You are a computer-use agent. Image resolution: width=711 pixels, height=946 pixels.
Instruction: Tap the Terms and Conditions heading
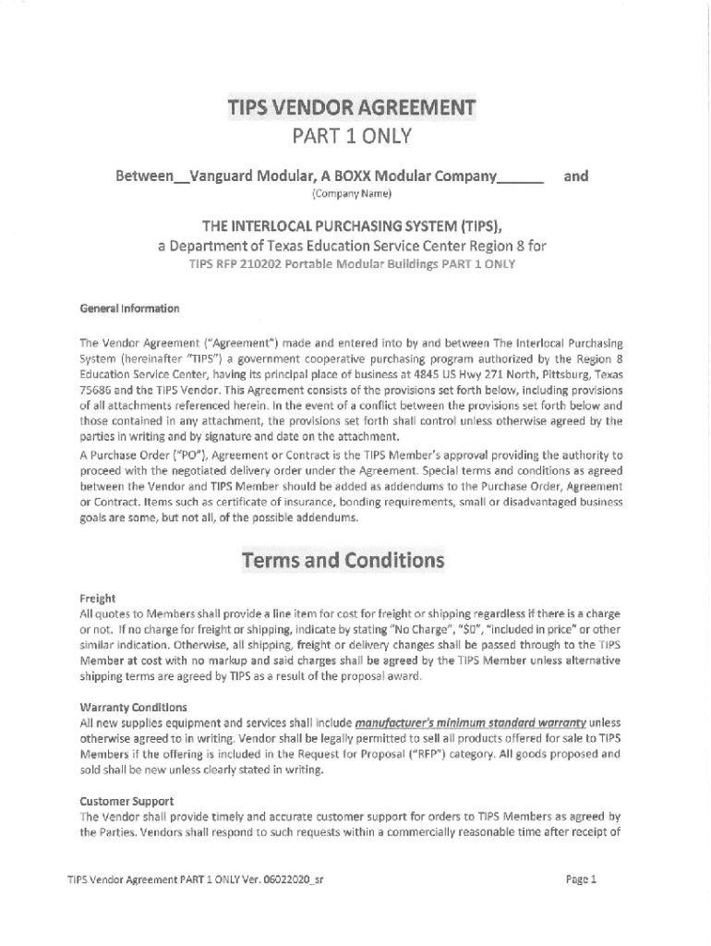[343, 561]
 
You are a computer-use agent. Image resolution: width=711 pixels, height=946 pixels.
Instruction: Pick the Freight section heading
[98, 599]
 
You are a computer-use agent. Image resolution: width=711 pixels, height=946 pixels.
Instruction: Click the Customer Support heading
[127, 801]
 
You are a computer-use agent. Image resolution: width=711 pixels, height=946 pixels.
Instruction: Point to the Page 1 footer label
[581, 879]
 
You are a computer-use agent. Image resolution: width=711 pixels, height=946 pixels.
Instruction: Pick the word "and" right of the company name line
[576, 176]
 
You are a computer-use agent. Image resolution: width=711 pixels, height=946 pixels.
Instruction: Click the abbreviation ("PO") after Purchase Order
[180, 455]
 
